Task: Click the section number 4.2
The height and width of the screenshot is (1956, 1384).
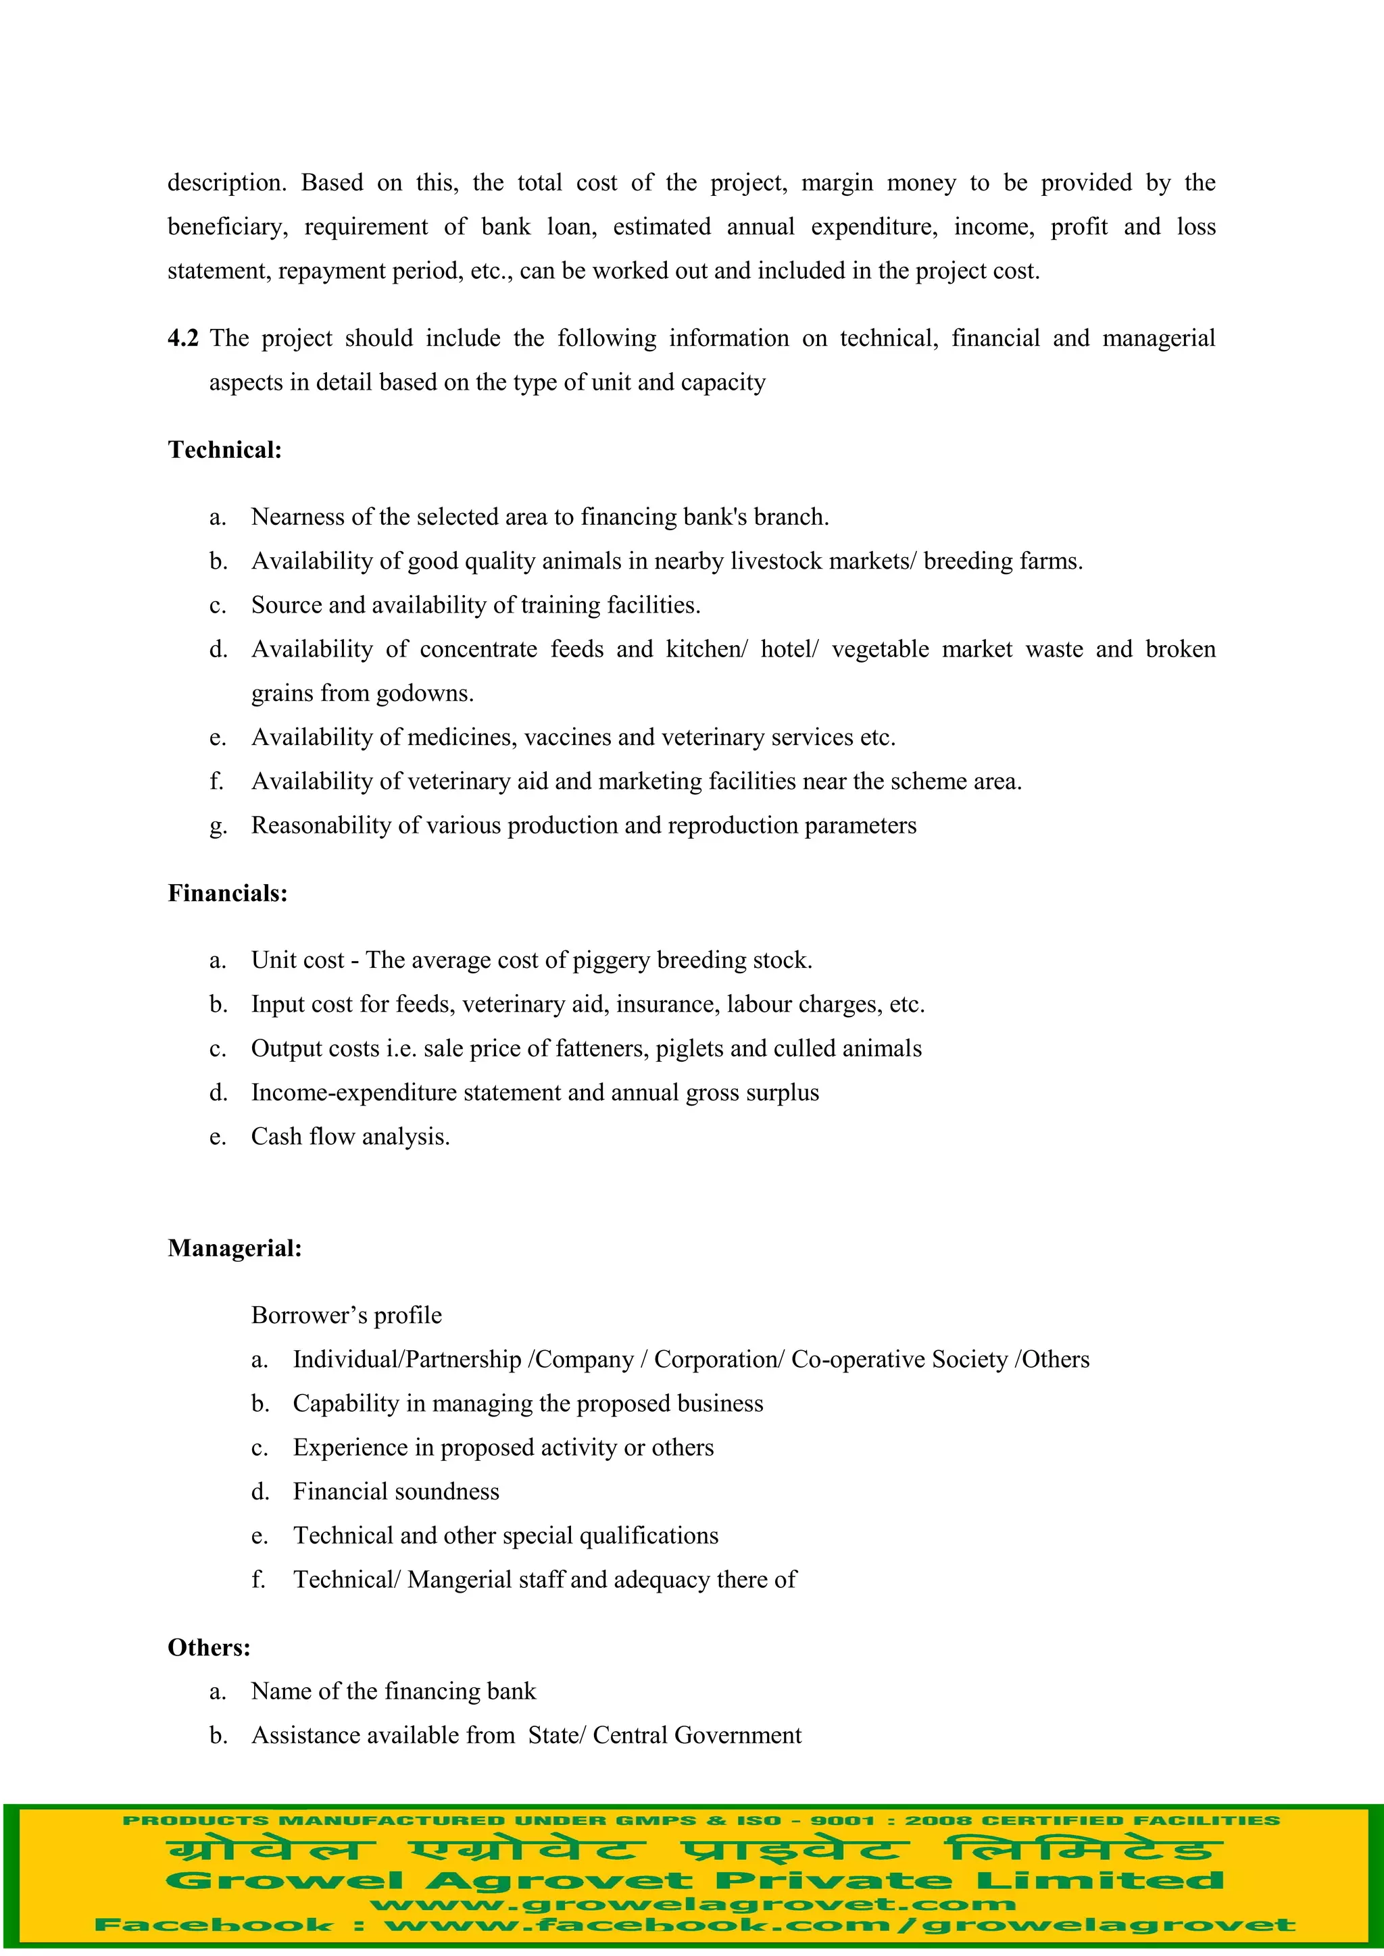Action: (182, 338)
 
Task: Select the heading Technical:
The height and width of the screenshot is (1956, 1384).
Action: (224, 450)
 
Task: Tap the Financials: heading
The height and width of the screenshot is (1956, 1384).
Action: (228, 893)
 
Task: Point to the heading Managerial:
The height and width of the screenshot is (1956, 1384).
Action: (234, 1248)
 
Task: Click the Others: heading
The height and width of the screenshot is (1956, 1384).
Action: (209, 1647)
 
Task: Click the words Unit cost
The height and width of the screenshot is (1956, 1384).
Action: (297, 960)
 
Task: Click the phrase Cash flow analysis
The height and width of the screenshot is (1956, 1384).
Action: (350, 1137)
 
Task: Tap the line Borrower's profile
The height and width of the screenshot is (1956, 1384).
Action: (346, 1315)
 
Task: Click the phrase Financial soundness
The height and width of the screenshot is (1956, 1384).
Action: (395, 1492)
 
